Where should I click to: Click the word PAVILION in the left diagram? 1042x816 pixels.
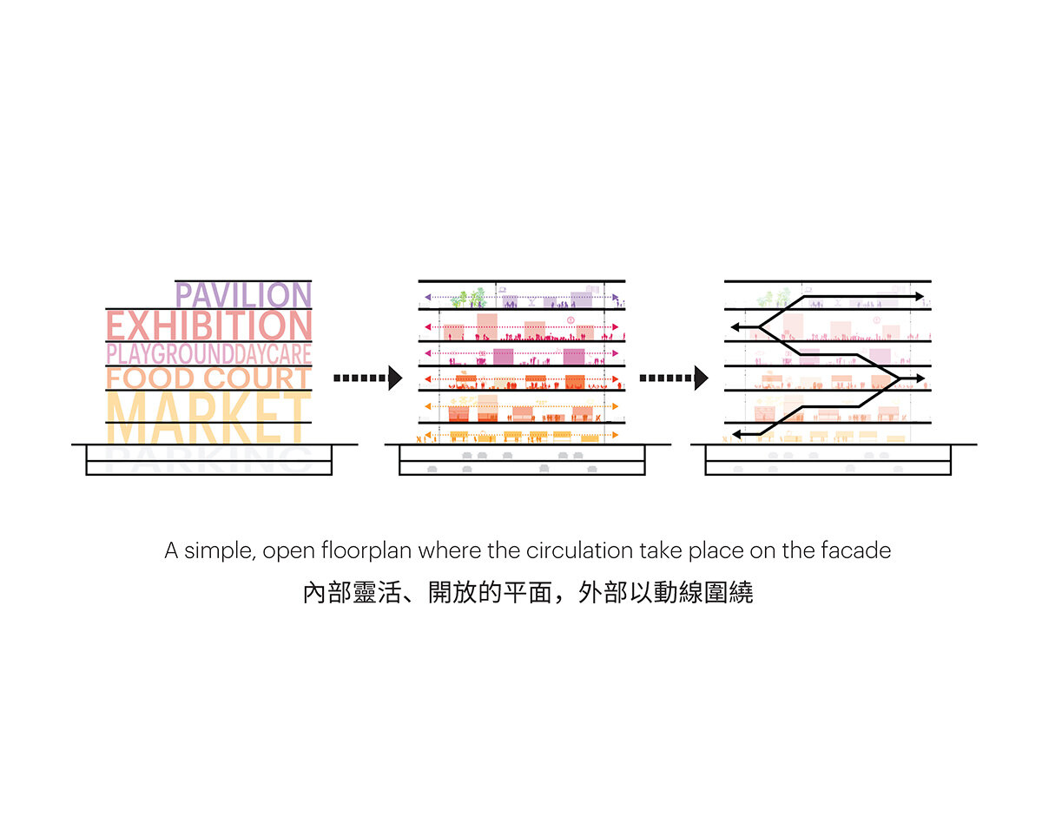point(243,295)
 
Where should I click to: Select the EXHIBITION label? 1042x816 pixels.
point(208,326)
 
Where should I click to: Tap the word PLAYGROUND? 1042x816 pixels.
point(169,354)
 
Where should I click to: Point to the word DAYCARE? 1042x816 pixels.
point(273,354)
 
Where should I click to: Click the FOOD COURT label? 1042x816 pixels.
point(208,378)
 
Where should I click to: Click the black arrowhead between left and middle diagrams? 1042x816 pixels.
point(396,378)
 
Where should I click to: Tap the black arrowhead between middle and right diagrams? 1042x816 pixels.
point(701,378)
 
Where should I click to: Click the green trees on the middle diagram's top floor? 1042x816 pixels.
point(469,299)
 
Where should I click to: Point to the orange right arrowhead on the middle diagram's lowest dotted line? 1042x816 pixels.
point(616,434)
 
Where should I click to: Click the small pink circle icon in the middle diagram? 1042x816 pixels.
point(570,320)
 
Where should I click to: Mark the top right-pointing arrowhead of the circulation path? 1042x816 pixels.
point(918,297)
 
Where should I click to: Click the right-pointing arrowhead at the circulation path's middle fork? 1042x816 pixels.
point(918,378)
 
